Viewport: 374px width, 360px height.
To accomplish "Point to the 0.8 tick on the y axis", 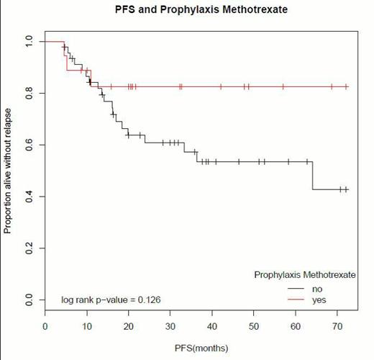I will pyautogui.click(x=29, y=94).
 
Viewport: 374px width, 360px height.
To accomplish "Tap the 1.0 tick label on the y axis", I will pyautogui.click(x=29, y=42).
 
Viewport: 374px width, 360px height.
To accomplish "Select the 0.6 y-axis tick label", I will pyautogui.click(x=29, y=145).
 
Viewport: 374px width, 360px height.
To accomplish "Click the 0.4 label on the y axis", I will pyautogui.click(x=29, y=197).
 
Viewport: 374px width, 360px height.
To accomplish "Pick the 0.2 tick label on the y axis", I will pyautogui.click(x=29, y=248).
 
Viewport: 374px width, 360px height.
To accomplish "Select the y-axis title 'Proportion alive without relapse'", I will pyautogui.click(x=8, y=171).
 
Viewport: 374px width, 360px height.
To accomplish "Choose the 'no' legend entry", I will pyautogui.click(x=316, y=289).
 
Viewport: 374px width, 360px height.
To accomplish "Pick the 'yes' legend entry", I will pyautogui.click(x=318, y=300).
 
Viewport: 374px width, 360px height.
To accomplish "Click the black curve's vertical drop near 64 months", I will pyautogui.click(x=312, y=176).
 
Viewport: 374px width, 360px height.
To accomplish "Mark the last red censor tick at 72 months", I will pyautogui.click(x=346, y=86).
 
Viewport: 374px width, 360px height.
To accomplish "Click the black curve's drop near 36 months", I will pyautogui.click(x=196, y=156).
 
